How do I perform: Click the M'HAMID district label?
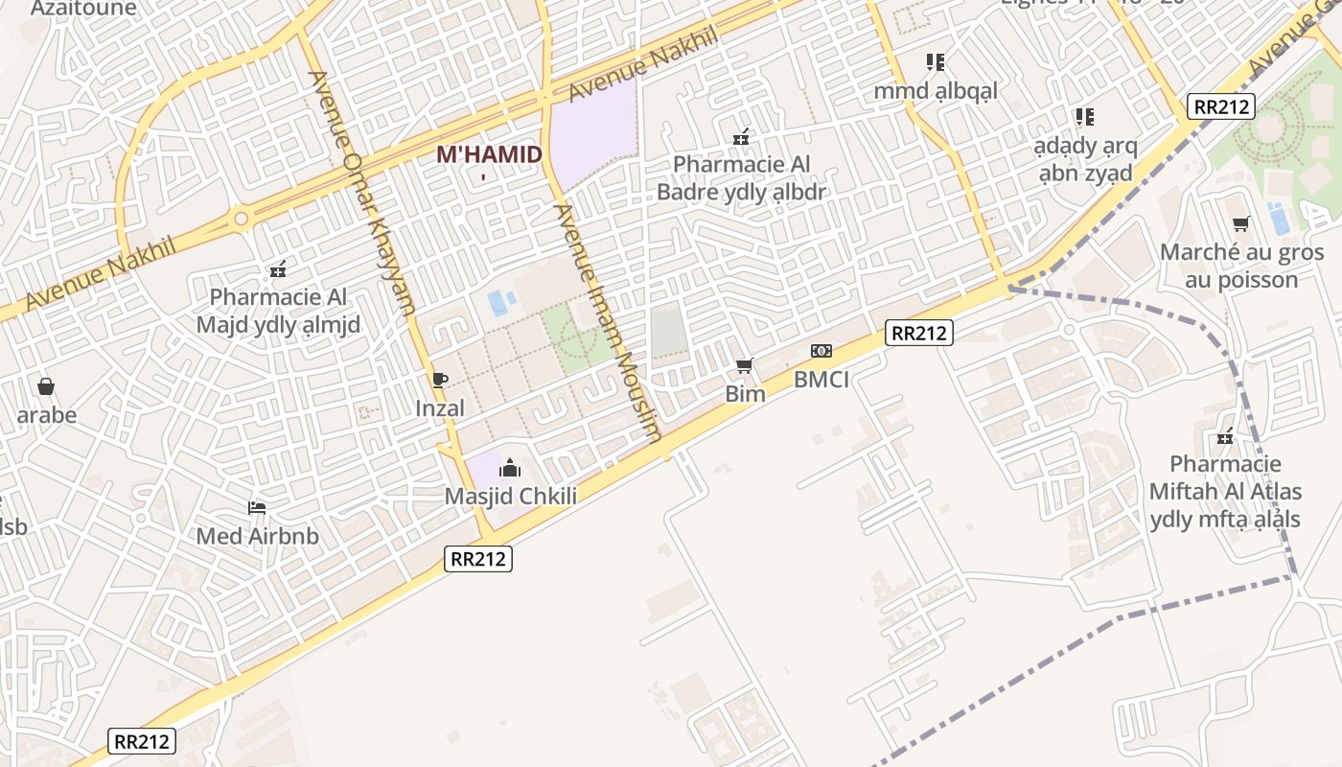(489, 154)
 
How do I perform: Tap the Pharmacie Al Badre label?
(741, 178)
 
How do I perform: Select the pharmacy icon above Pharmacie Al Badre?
(741, 138)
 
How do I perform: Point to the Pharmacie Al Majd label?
(278, 311)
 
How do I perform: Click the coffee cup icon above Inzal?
(440, 380)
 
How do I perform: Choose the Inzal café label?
(440, 408)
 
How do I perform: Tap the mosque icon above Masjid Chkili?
(510, 468)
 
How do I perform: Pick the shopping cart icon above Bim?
(744, 365)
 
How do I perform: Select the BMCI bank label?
(821, 380)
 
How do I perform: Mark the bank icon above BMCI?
(821, 351)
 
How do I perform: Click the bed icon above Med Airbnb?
(257, 507)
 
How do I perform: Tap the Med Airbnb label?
(257, 536)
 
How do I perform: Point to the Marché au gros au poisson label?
(1241, 267)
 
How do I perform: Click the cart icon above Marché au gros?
(1241, 224)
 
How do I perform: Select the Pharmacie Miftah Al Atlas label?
(1226, 492)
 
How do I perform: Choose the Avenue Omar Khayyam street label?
(361, 193)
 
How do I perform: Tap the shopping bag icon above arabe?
(46, 386)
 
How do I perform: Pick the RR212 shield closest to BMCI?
(917, 333)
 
